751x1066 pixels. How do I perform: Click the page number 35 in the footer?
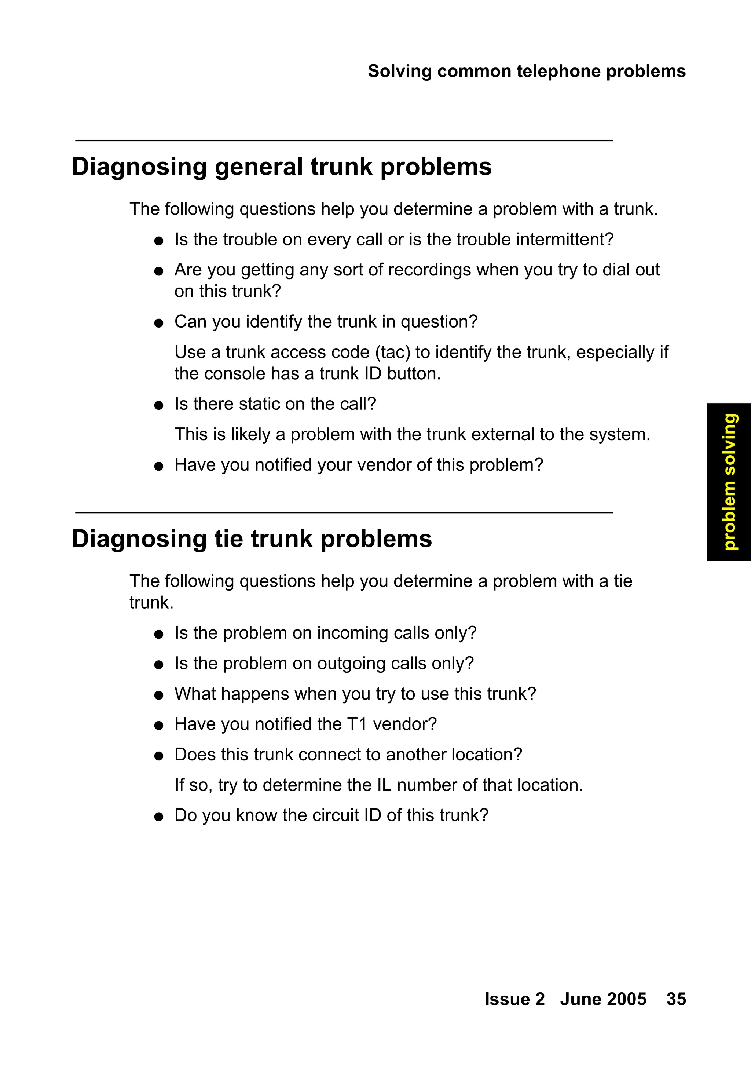(676, 999)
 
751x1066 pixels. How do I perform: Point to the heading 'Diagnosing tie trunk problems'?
(252, 539)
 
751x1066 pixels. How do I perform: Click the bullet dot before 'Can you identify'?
(159, 323)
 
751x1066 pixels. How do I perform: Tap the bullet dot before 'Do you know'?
(159, 817)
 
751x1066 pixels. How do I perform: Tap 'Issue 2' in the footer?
(514, 999)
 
